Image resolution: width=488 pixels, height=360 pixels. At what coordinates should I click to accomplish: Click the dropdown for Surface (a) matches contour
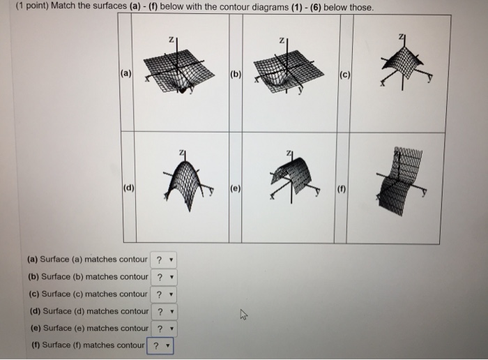(164, 260)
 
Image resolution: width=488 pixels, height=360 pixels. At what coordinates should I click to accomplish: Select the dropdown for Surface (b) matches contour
(165, 277)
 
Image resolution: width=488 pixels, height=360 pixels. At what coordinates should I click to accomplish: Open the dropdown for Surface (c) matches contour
(164, 294)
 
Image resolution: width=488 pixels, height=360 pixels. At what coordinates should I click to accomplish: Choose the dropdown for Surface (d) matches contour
(165, 311)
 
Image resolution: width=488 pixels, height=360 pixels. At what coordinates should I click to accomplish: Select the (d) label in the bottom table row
(129, 187)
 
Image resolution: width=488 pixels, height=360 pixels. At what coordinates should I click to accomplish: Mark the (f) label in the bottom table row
(344, 187)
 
